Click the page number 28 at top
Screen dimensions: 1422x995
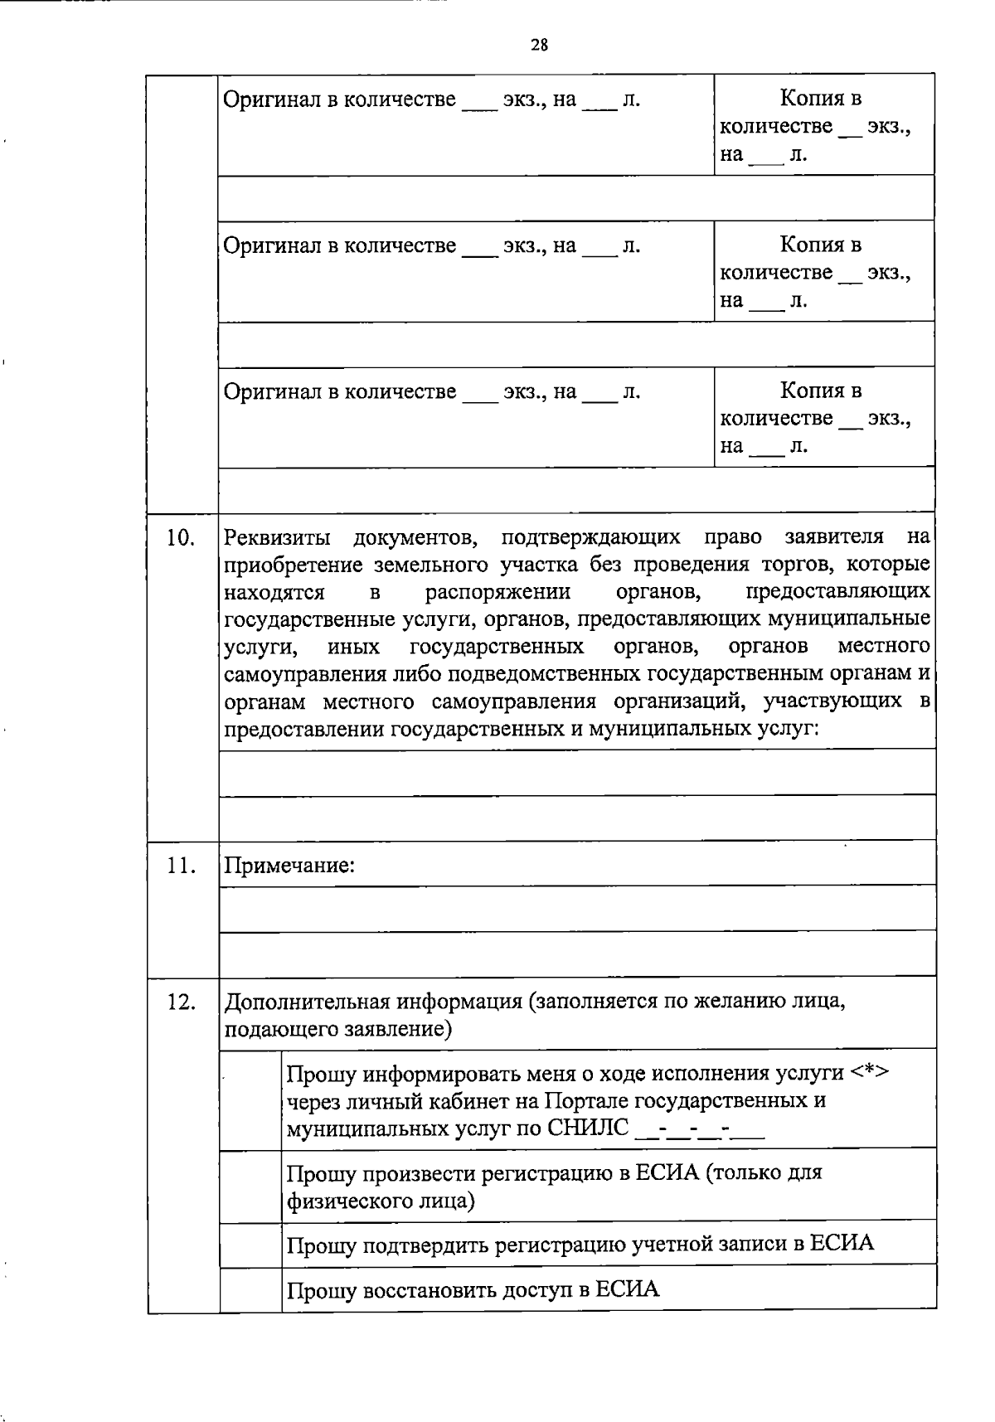pyautogui.click(x=539, y=45)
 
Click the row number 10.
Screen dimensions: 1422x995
pyautogui.click(x=181, y=537)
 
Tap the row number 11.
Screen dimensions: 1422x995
pyautogui.click(x=181, y=866)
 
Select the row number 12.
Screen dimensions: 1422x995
pyautogui.click(x=181, y=1002)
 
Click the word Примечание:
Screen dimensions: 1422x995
pyautogui.click(x=289, y=866)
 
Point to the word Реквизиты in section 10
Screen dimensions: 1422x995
pyautogui.click(x=277, y=537)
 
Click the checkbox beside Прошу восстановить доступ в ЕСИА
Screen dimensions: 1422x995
pyautogui.click(x=250, y=1289)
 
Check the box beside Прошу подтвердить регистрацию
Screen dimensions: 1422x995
pyautogui.click(x=250, y=1244)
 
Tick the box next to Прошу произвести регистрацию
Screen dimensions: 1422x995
pyautogui.click(x=250, y=1186)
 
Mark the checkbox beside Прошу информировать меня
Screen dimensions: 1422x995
pyautogui.click(x=250, y=1099)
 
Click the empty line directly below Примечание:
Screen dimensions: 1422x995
pyautogui.click(x=576, y=907)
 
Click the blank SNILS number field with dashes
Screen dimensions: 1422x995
pyautogui.click(x=698, y=1129)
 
